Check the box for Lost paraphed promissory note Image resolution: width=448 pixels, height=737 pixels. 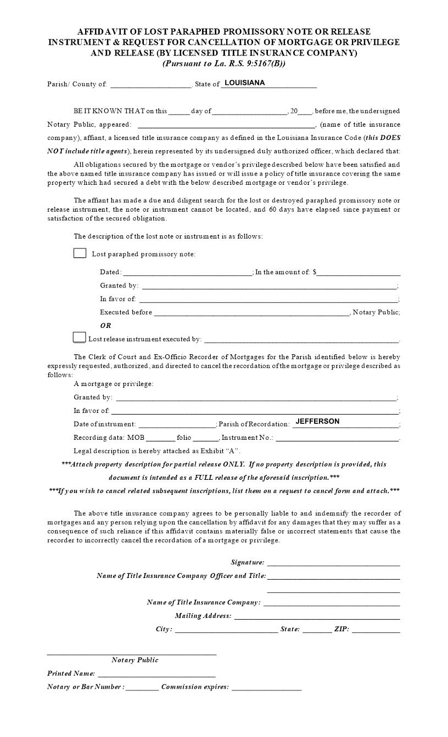tap(80, 253)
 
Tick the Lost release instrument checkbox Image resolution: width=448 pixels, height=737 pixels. tap(79, 337)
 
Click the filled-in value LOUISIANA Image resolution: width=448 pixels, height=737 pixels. tap(245, 83)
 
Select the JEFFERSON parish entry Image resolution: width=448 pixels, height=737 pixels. tap(317, 421)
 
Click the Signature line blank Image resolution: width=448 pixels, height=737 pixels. tap(333, 563)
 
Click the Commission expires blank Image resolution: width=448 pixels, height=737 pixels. tap(266, 688)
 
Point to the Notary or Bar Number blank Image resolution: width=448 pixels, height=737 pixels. tap(142, 688)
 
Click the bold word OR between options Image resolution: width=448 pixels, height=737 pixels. tap(105, 326)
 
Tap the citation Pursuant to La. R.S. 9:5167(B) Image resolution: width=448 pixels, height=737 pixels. tap(223, 63)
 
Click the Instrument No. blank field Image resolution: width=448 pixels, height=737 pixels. tap(337, 439)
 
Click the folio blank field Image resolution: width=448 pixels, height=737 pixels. tap(206, 439)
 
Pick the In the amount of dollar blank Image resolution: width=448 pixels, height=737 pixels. tap(359, 273)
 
